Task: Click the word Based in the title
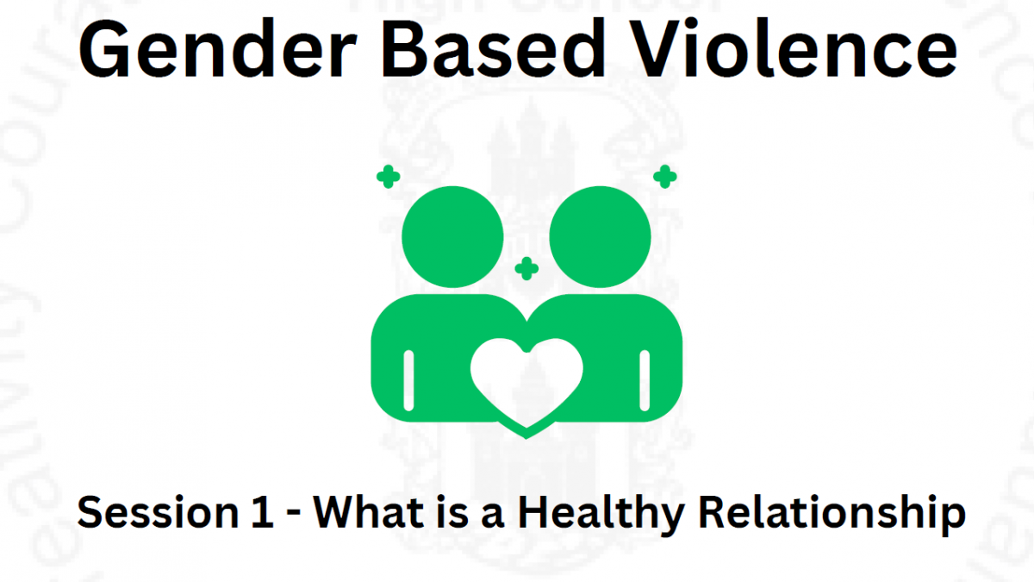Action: (493, 47)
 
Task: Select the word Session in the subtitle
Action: (158, 512)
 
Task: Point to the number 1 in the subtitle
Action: (263, 512)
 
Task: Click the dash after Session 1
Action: (294, 514)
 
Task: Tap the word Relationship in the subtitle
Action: (832, 515)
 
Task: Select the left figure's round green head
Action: (452, 237)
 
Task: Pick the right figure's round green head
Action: (600, 237)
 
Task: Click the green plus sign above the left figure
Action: (389, 177)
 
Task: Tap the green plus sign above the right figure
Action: (665, 177)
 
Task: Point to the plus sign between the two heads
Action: (526, 269)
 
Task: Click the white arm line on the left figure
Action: (408, 380)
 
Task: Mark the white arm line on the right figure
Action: (645, 380)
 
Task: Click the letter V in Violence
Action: (657, 48)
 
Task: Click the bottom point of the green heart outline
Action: (526, 438)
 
